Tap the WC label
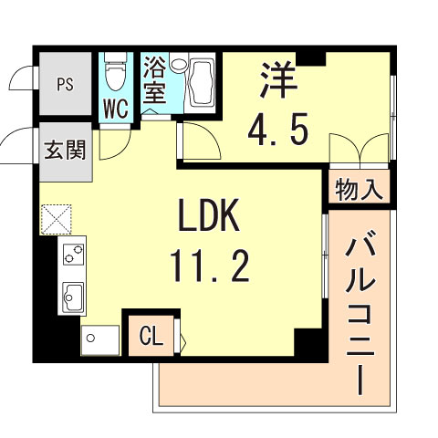point(114,108)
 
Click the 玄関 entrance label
point(65,149)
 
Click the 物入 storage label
point(360,191)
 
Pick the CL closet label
point(151,338)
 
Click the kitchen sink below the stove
point(73,294)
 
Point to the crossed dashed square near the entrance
point(55,218)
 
